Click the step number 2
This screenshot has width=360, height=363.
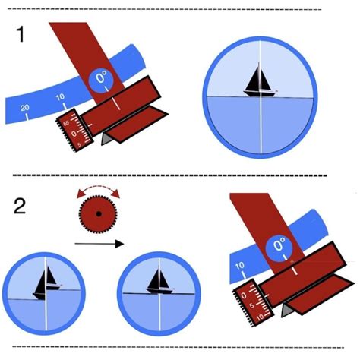(x=21, y=207)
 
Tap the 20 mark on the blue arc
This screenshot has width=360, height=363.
(x=25, y=109)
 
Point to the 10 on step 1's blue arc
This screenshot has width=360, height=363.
(x=59, y=98)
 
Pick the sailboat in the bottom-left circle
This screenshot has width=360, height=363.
(x=47, y=282)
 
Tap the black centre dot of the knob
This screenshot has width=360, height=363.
(x=97, y=216)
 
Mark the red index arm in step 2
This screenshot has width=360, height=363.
(x=257, y=216)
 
